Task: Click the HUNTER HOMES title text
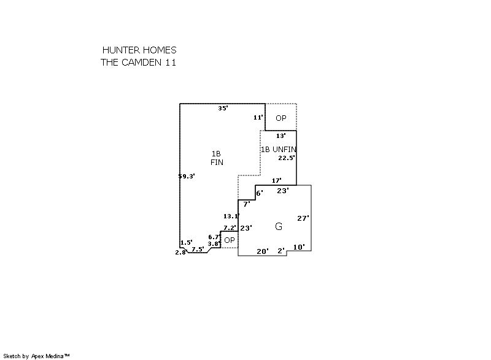point(139,50)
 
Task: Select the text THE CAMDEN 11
point(139,63)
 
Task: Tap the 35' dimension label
point(223,108)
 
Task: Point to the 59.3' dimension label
point(187,176)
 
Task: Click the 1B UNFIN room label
point(279,150)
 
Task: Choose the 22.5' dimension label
point(287,158)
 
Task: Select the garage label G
point(279,227)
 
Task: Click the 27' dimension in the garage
point(303,218)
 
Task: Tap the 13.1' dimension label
point(231,216)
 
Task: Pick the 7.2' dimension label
point(230,228)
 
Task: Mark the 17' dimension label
point(276,180)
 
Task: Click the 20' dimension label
point(263,251)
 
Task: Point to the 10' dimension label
point(299,247)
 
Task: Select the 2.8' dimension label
point(180,252)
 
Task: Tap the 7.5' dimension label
point(198,249)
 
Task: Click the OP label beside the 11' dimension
point(281,118)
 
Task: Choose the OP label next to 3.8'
point(230,240)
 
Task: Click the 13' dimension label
point(280,136)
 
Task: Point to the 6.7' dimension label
point(214,237)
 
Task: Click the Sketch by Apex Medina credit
point(36,356)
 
